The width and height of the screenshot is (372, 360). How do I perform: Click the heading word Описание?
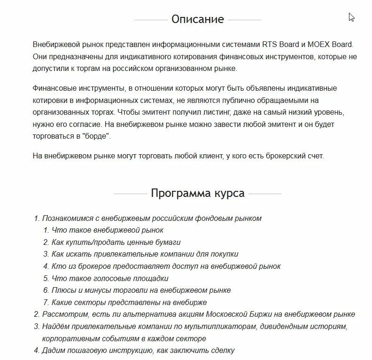pyautogui.click(x=197, y=19)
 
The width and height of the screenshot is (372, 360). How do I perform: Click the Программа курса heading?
pyautogui.click(x=197, y=193)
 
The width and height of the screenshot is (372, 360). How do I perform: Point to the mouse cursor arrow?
pyautogui.click(x=351, y=17)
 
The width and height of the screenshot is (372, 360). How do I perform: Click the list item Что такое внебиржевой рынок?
pyautogui.click(x=108, y=230)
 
